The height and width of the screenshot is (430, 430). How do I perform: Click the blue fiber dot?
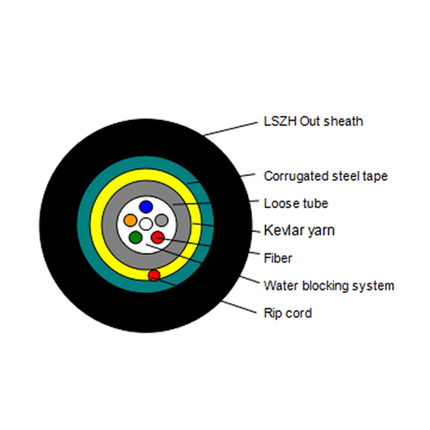click(x=146, y=207)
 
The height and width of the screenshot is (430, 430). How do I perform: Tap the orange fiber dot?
click(x=131, y=220)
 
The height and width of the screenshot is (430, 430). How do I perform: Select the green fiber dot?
click(x=135, y=237)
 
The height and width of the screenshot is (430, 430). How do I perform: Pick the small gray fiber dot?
click(x=162, y=220)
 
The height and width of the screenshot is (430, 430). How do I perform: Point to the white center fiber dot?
click(x=146, y=224)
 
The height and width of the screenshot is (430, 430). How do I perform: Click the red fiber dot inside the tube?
click(x=157, y=237)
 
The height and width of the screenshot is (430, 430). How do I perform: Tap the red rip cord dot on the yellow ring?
click(x=154, y=275)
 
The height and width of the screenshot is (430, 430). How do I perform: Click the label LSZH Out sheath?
click(x=313, y=121)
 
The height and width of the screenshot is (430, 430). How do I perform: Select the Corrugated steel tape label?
click(x=326, y=176)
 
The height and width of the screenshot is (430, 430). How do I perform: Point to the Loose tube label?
click(x=296, y=204)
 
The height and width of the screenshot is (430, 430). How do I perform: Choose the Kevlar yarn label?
click(x=299, y=231)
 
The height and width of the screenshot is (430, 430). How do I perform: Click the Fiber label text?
click(x=278, y=258)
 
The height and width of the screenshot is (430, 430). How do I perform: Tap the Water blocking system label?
click(x=329, y=286)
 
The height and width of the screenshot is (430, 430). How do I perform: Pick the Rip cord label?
click(x=288, y=313)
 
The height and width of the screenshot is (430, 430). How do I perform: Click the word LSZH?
click(x=280, y=121)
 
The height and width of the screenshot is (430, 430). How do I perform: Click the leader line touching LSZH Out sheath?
click(x=231, y=129)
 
